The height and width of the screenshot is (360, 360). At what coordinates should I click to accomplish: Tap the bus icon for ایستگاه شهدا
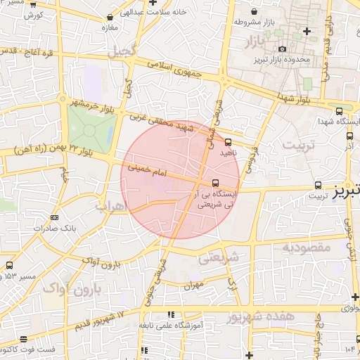click(x=340, y=112)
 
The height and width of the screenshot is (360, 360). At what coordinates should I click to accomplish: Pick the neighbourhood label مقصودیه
click(x=306, y=247)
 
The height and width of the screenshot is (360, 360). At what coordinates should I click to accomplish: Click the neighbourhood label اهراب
click(x=110, y=207)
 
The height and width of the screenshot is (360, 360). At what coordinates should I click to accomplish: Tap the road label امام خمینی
click(x=147, y=169)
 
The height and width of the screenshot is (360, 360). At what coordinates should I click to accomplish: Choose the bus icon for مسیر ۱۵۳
click(x=9, y=265)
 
